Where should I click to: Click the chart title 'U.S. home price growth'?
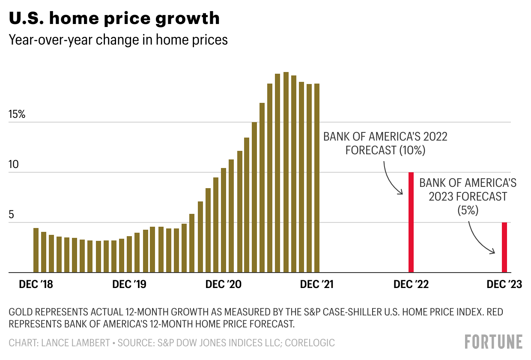114,18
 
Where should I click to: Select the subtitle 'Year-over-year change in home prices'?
118,40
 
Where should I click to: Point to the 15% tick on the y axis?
17,115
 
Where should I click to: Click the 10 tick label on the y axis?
14,165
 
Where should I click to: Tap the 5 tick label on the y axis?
12,215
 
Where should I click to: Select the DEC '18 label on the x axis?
36,285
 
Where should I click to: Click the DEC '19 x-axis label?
129,285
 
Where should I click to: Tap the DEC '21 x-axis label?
317,285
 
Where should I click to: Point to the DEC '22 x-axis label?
411,285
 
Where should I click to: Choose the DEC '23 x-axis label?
504,285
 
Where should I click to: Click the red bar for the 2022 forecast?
411,222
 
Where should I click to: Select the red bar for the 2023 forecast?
504,247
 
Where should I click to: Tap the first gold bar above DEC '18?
36,250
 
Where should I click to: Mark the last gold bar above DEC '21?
317,178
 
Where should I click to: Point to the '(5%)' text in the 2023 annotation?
468,210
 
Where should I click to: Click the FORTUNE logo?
493,342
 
